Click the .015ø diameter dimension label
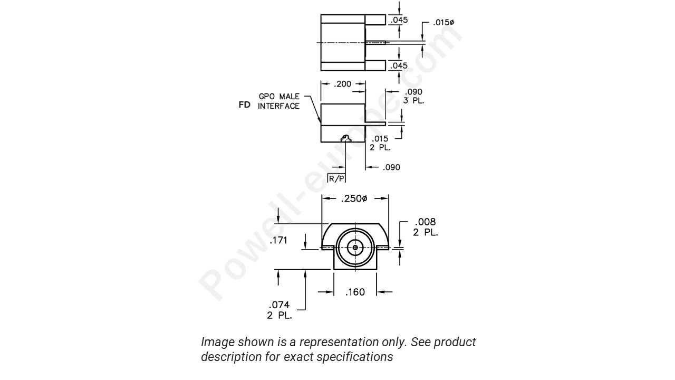point(443,23)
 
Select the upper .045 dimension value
point(399,21)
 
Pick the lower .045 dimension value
point(399,65)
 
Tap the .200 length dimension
point(343,84)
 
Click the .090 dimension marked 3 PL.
point(413,96)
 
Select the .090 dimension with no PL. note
point(391,167)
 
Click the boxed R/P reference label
point(336,179)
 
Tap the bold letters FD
point(244,105)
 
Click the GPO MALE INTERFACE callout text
point(278,101)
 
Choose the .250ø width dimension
point(355,199)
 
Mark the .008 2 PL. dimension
point(425,227)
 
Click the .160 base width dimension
point(355,292)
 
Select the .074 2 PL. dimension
point(279,310)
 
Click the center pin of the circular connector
point(355,247)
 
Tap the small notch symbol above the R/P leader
point(345,139)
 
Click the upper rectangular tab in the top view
point(375,20)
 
